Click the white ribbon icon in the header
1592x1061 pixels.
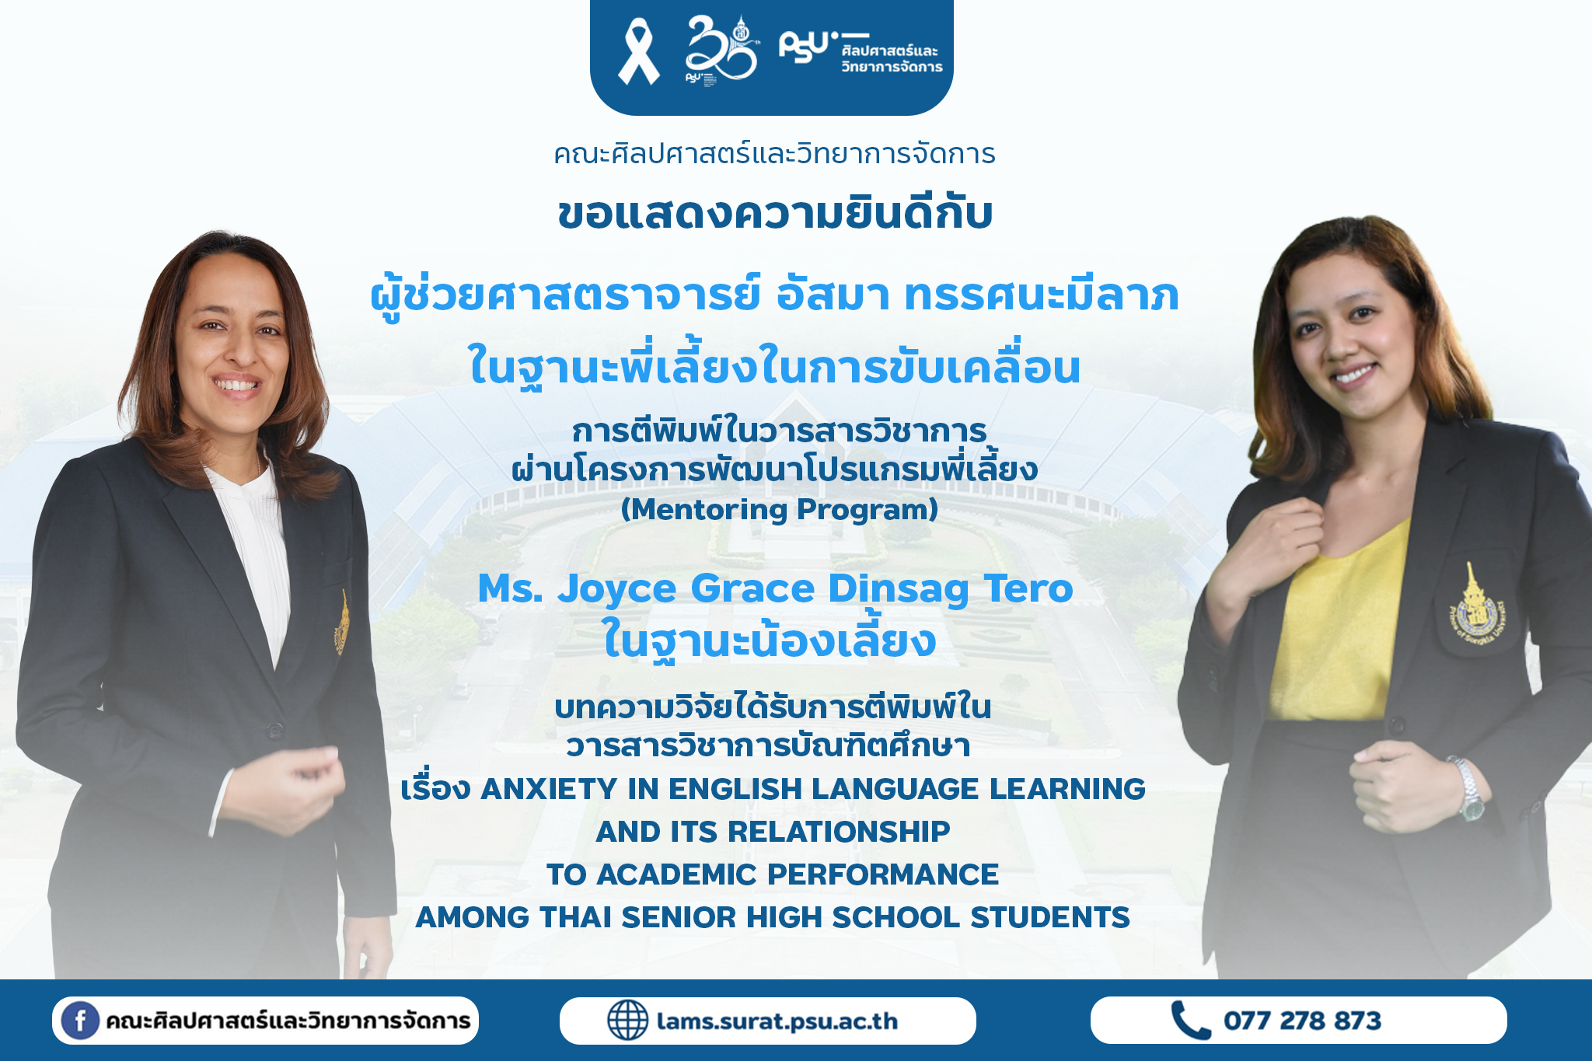click(x=638, y=52)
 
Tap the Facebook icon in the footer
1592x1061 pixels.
click(x=80, y=1020)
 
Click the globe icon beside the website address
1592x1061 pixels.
click(x=627, y=1020)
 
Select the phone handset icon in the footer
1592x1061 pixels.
click(x=1190, y=1020)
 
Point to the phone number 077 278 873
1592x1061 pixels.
click(x=1302, y=1021)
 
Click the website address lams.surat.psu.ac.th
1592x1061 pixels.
click(x=777, y=1021)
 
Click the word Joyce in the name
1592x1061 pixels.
click(x=616, y=590)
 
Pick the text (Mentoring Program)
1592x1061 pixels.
click(x=779, y=510)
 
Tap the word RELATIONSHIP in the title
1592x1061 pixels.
click(x=838, y=832)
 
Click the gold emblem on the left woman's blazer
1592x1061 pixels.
click(x=342, y=623)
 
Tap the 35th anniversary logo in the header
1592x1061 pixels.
click(x=720, y=49)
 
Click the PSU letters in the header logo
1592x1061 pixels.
click(x=805, y=47)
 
